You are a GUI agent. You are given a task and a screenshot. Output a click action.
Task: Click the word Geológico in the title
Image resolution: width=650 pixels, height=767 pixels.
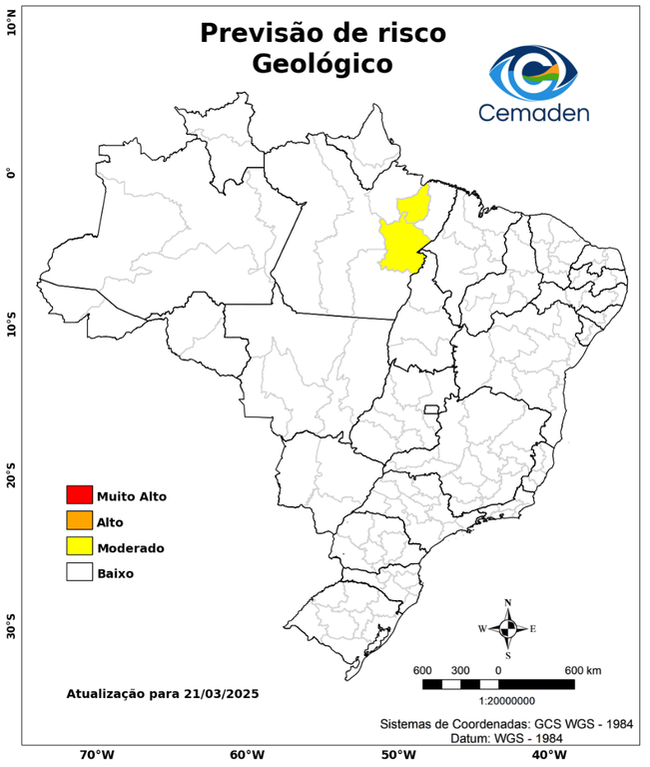322,64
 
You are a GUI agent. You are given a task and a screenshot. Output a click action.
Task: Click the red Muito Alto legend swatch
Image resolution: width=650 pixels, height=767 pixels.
79,495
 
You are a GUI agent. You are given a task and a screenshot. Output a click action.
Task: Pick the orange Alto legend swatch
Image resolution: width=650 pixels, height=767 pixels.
79,521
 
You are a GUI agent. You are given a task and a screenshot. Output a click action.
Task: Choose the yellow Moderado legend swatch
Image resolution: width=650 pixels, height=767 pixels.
79,547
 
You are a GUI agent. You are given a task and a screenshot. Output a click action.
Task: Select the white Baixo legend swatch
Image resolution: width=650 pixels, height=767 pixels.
79,573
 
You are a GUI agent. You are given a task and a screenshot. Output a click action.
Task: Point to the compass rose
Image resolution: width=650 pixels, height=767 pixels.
507,628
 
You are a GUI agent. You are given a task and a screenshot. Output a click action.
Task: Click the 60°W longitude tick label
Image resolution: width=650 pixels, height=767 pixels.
246,755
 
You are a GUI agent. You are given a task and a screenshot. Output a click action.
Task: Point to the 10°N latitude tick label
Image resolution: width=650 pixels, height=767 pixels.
11,23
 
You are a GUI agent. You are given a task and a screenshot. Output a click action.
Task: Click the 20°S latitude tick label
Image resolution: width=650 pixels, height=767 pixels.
11,475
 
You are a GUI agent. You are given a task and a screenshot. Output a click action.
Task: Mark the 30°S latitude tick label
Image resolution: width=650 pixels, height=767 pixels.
11,628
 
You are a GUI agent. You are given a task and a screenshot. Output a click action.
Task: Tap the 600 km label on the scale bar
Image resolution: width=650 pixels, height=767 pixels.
583,669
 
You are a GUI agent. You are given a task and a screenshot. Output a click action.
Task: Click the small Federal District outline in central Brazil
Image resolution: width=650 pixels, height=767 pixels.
432,408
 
